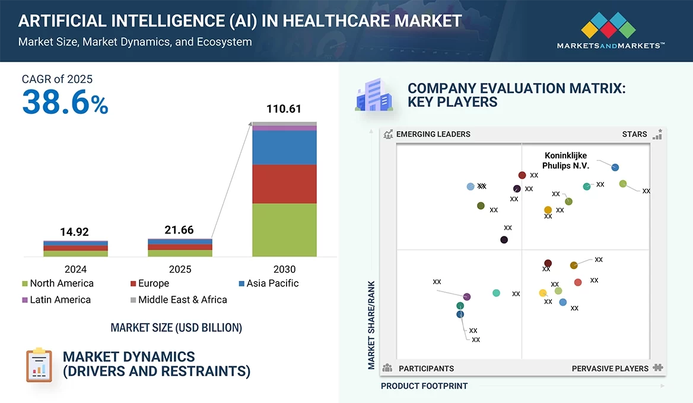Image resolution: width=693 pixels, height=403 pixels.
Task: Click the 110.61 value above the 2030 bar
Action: [x=284, y=109]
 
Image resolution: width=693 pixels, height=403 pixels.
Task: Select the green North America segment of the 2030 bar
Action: [x=284, y=230]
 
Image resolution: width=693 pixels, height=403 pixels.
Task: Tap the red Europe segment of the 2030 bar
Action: [x=284, y=184]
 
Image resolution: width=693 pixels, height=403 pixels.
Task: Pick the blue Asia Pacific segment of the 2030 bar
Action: [x=284, y=148]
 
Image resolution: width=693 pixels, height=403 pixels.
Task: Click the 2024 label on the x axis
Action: [x=75, y=269]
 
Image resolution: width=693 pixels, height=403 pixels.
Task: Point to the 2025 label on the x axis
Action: [x=180, y=269]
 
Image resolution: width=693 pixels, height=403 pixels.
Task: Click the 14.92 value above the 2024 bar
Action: [x=75, y=232]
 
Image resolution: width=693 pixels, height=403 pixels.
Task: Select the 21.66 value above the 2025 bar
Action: [x=179, y=230]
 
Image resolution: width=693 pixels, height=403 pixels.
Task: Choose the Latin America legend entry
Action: [x=56, y=300]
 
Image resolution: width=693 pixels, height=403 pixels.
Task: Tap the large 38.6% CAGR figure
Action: [x=65, y=103]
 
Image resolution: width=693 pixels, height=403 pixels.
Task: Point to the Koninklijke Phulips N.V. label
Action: [x=565, y=161]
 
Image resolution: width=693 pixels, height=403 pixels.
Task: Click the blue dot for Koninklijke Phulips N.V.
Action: [x=615, y=167]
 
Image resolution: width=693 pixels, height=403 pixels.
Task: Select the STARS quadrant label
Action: [x=634, y=134]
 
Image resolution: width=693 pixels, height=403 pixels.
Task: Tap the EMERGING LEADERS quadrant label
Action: [x=433, y=134]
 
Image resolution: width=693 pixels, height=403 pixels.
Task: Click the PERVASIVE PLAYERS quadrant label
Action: [x=610, y=369]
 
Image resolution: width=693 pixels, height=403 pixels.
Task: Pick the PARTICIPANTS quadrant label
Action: [x=426, y=369]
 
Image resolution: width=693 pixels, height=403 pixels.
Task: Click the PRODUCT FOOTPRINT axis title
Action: [x=424, y=386]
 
